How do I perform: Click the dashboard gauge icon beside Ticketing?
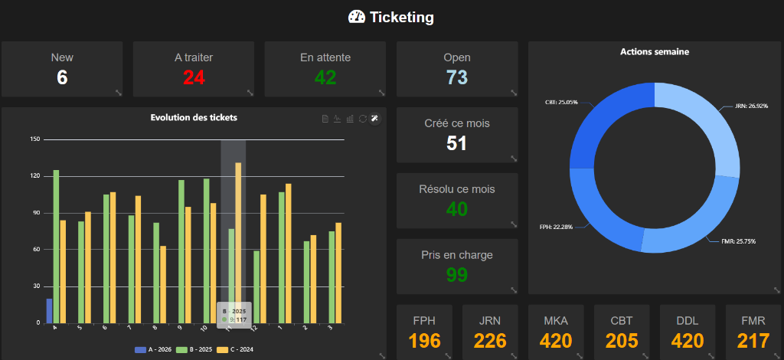click(357, 17)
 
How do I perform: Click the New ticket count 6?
click(62, 77)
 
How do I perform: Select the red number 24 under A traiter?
click(194, 77)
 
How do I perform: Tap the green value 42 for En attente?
click(325, 77)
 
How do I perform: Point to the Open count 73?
click(457, 77)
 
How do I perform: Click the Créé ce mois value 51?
click(457, 143)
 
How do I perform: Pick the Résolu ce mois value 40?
click(457, 209)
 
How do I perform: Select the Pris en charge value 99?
click(457, 275)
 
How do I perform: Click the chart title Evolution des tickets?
click(194, 117)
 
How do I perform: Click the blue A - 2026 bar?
click(50, 311)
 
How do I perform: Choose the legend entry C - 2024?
click(235, 350)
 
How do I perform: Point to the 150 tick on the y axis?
click(34, 139)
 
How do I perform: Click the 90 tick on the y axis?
click(35, 213)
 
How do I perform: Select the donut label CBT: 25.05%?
click(561, 101)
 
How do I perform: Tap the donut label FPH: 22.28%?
click(556, 227)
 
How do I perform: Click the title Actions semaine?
click(655, 52)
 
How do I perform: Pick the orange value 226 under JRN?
click(491, 340)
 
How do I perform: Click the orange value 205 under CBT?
click(622, 340)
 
